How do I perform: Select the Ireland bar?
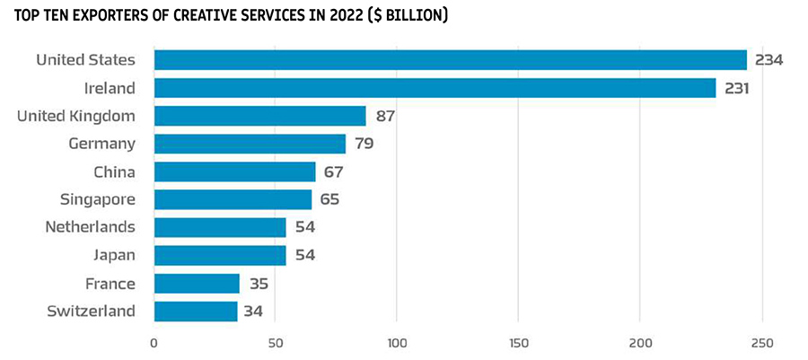tap(435, 88)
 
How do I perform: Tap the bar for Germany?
tap(250, 144)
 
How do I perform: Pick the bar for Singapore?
tap(233, 199)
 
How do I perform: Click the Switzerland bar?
tap(196, 312)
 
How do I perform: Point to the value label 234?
tap(769, 60)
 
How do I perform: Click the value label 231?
tap(738, 88)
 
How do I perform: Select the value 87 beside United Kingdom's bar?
tap(385, 116)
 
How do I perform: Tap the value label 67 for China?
tap(332, 171)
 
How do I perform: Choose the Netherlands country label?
tap(91, 227)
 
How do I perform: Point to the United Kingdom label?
tap(77, 116)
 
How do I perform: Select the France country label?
tap(110, 284)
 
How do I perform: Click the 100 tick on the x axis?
tap(397, 342)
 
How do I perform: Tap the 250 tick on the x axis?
tap(762, 342)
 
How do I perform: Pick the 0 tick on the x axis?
tap(154, 342)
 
